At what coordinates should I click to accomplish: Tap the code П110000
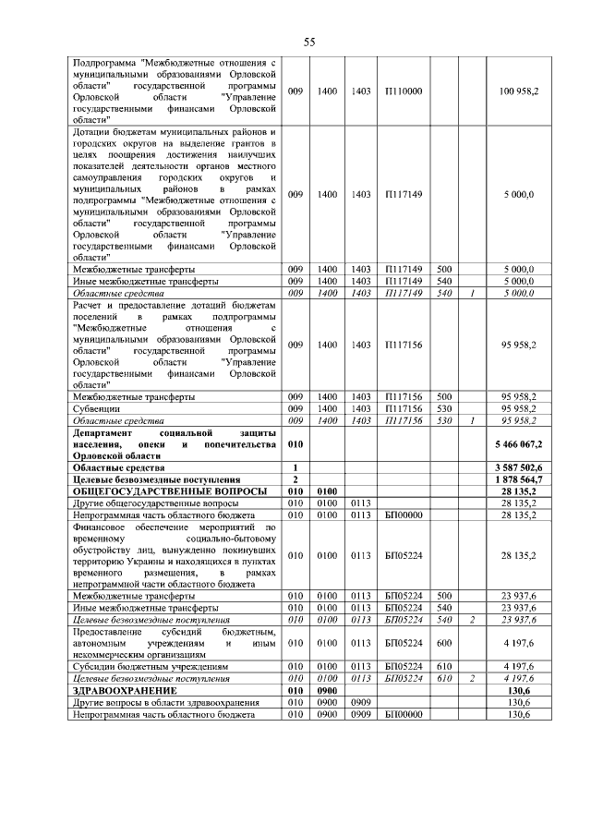click(x=402, y=91)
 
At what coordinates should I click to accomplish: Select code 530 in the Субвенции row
click(x=443, y=408)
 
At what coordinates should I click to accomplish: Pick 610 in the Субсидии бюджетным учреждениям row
click(x=443, y=665)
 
